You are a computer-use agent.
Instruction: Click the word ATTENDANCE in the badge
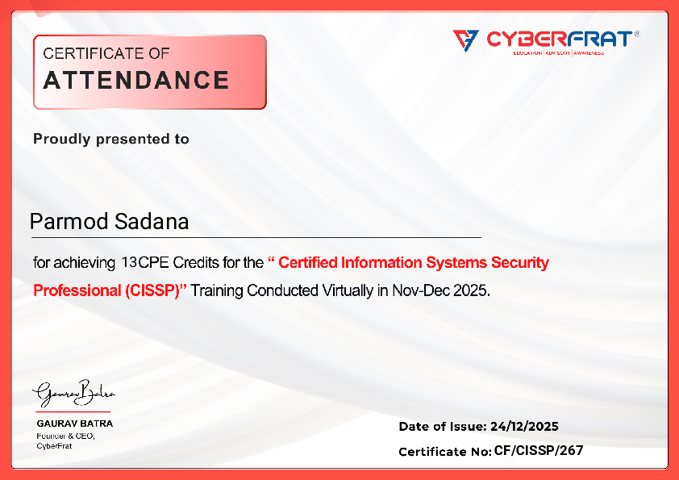pos(135,81)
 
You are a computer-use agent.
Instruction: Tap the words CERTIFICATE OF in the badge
pos(106,54)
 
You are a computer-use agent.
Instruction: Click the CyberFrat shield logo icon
pos(465,40)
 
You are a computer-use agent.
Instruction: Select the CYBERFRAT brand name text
pos(556,39)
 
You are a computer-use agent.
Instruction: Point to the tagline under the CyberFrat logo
pos(558,52)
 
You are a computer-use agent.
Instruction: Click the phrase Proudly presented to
pos(111,139)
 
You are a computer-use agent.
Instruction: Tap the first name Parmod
pos(65,222)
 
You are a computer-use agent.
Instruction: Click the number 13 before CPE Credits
pos(129,263)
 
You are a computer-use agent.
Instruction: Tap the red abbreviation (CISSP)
pos(155,290)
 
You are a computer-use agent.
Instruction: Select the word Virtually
pos(348,290)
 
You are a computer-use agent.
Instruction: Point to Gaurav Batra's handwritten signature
pos(73,394)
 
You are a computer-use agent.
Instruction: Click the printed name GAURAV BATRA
pos(75,423)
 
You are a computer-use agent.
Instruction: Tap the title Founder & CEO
pos(66,436)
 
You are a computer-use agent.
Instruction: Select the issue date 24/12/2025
pos(524,427)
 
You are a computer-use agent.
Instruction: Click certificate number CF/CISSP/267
pos(538,451)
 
